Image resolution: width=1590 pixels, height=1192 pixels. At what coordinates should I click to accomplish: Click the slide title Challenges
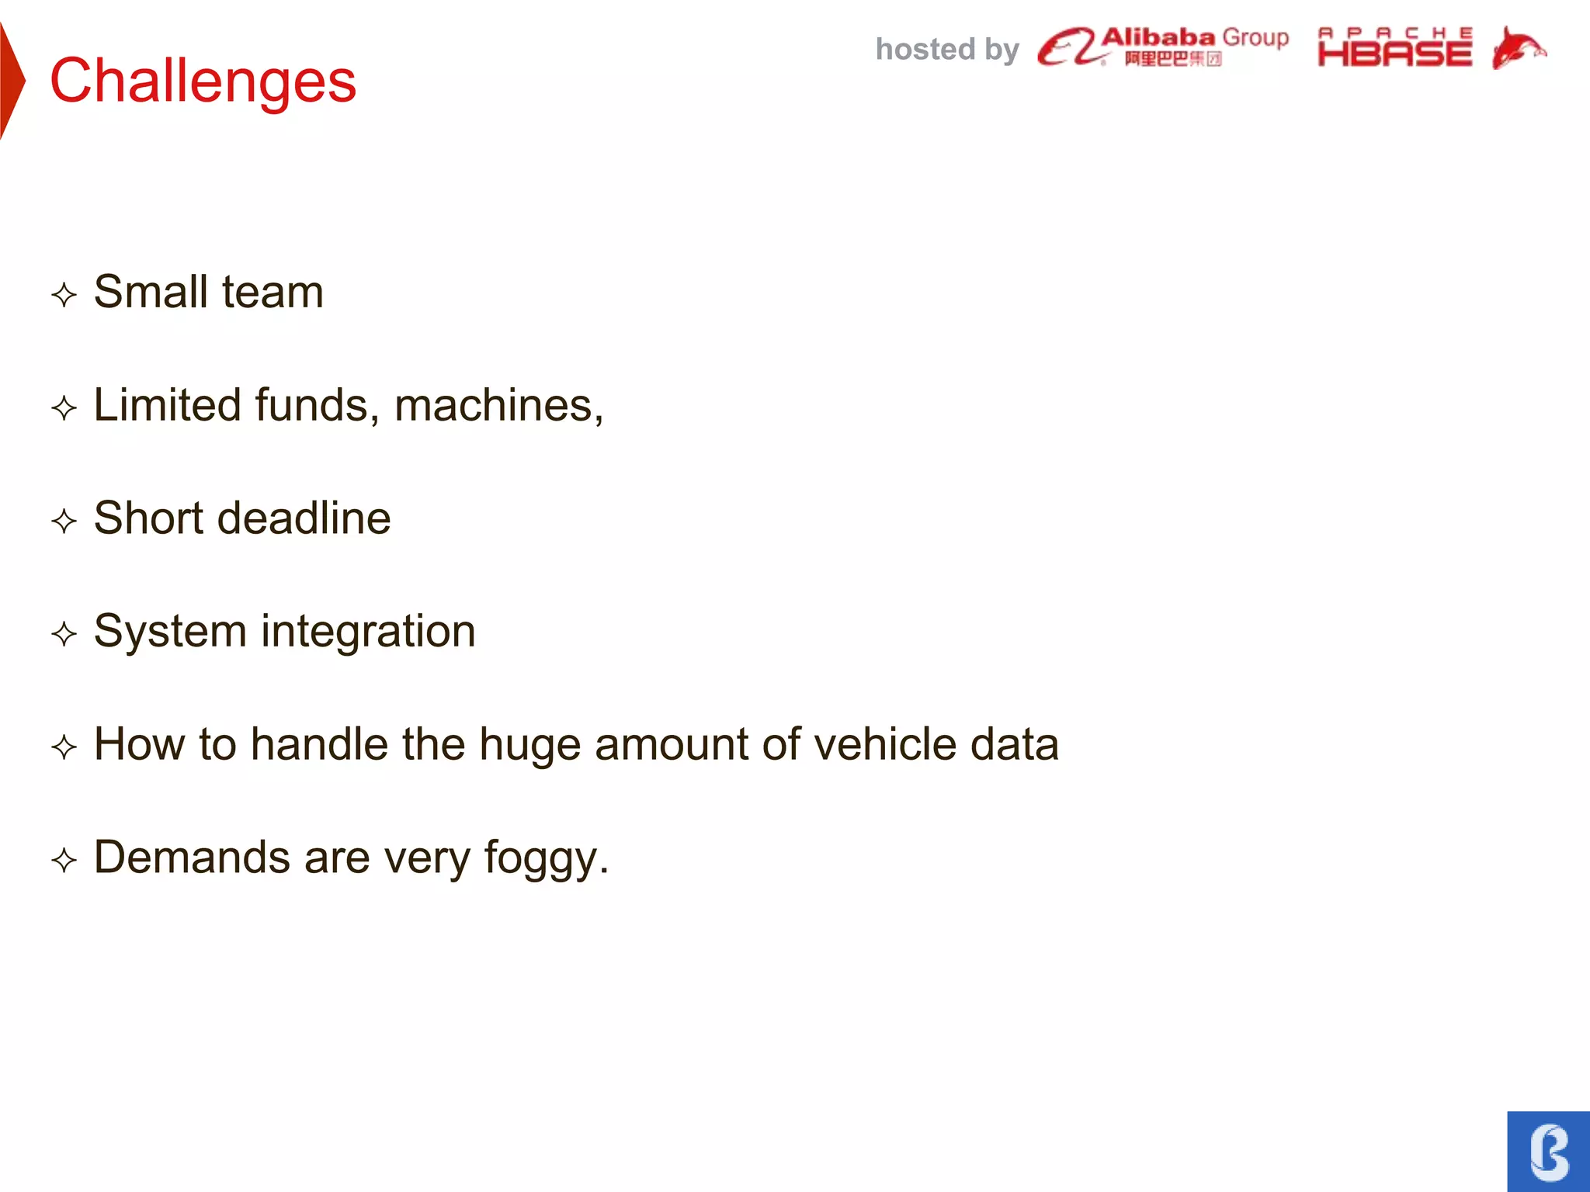coord(203,81)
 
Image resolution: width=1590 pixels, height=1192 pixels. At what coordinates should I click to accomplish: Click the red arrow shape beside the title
coord(11,81)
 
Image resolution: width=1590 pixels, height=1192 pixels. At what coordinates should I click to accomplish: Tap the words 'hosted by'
coord(946,50)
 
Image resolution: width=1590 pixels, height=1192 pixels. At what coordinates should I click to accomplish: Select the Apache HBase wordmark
coord(1394,48)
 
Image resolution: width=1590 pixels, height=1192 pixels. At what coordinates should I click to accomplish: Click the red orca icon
coord(1518,48)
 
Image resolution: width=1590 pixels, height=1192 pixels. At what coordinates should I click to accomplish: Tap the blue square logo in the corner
coord(1548,1152)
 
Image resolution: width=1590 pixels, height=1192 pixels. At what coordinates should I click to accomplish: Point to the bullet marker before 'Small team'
coord(64,295)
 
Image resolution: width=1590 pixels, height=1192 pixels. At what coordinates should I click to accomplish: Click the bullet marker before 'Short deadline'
coord(64,521)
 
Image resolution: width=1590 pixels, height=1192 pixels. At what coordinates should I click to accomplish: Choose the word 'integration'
coord(368,632)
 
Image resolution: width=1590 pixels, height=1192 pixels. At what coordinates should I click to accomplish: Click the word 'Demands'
coord(192,858)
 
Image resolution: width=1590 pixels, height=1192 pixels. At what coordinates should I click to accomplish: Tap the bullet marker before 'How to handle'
coord(64,747)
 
